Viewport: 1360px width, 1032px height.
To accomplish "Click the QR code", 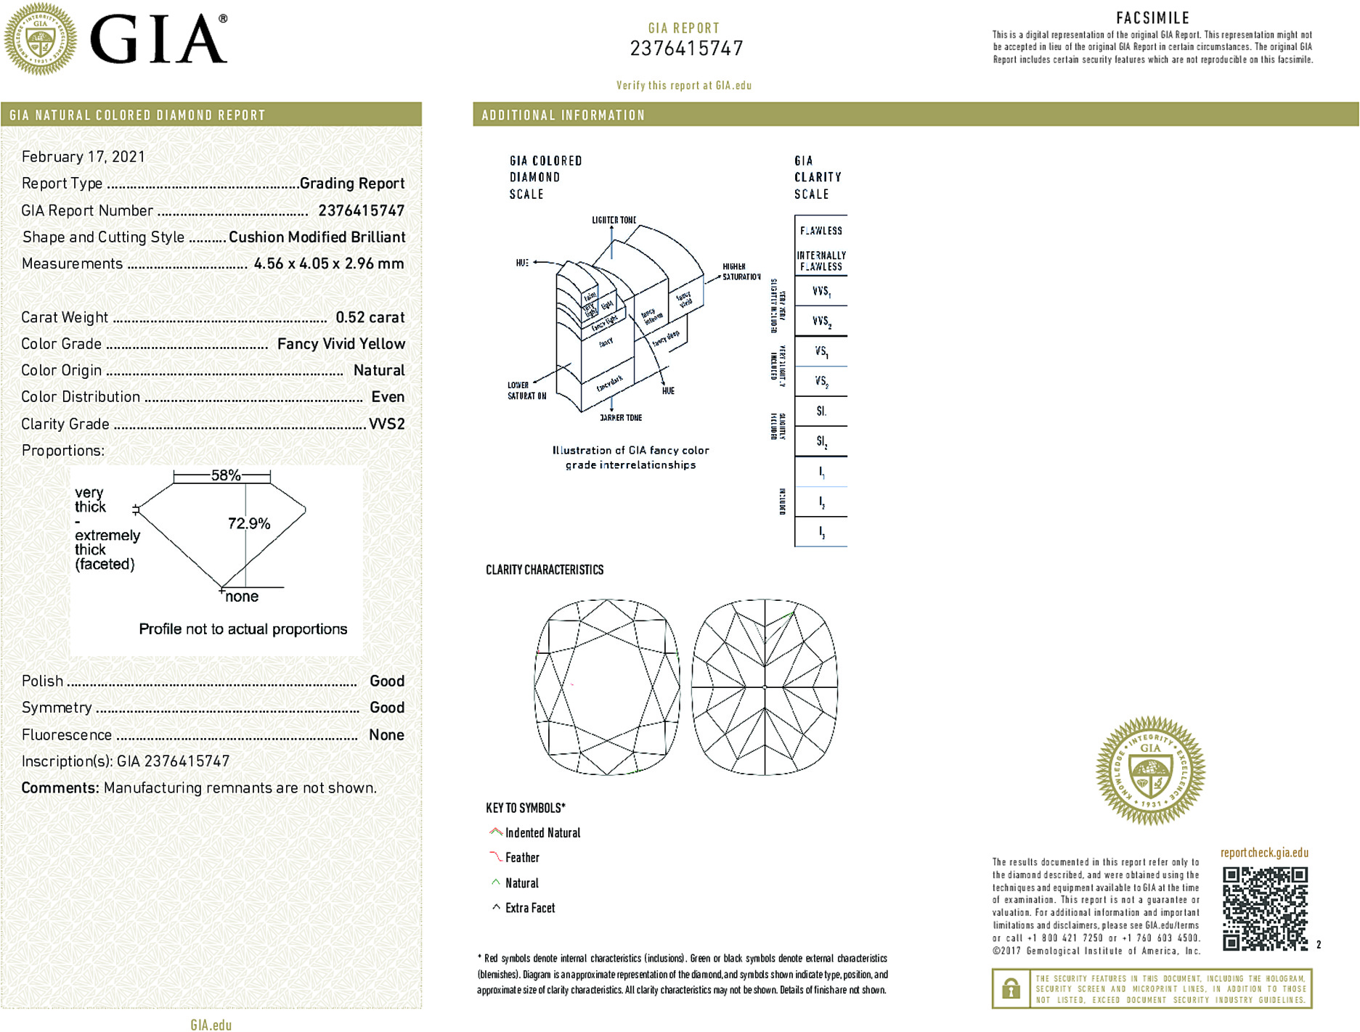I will [1264, 908].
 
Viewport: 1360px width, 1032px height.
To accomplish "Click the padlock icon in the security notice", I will [1010, 988].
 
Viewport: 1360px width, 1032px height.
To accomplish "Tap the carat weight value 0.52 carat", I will [370, 317].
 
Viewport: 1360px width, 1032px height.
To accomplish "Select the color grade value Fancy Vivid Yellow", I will [341, 344].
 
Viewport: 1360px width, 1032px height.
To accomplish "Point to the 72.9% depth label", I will [249, 523].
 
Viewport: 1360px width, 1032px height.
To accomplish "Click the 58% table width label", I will [225, 475].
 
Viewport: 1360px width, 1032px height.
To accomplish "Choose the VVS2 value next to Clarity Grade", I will [386, 424].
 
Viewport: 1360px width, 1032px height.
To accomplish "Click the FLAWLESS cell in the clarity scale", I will [821, 231].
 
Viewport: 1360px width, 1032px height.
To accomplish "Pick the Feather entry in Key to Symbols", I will [522, 858].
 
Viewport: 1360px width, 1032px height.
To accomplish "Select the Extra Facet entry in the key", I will [529, 908].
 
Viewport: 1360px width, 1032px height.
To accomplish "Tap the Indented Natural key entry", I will [542, 833].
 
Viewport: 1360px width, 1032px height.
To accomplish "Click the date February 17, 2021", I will [84, 157].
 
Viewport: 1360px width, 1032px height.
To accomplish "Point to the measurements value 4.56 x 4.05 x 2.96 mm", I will [329, 263].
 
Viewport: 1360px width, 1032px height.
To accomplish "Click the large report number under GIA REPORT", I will [686, 49].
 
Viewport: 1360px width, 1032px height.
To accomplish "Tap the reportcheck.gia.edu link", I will [1264, 853].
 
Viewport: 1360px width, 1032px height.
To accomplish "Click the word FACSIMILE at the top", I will [1152, 18].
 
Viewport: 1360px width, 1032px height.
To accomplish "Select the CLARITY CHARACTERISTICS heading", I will [545, 570].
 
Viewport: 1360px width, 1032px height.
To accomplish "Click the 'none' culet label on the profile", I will [242, 597].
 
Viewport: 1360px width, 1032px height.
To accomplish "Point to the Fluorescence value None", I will [386, 734].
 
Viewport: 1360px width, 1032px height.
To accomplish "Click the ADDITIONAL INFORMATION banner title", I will [563, 115].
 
